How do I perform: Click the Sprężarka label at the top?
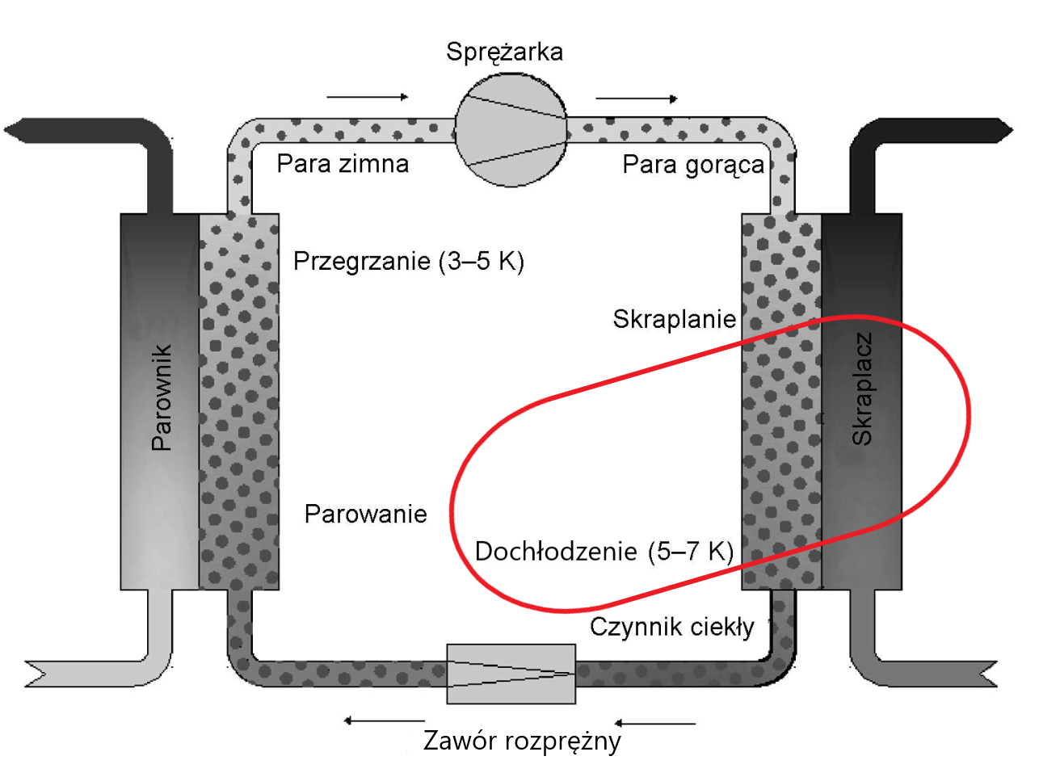click(x=504, y=52)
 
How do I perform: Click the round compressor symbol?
click(x=511, y=129)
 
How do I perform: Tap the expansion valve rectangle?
click(x=511, y=674)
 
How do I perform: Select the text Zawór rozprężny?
click(x=522, y=741)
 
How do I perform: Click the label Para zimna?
click(x=343, y=164)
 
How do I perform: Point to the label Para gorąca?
click(x=692, y=165)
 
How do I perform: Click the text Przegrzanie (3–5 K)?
click(x=408, y=261)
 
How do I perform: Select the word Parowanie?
click(x=365, y=514)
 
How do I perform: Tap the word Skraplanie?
click(x=674, y=319)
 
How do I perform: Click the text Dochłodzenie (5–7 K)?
click(x=604, y=551)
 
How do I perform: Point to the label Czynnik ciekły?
click(x=671, y=627)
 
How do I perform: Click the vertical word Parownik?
click(x=162, y=397)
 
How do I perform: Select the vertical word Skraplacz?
click(x=862, y=389)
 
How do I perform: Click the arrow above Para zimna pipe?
click(x=368, y=97)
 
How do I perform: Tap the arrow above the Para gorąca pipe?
click(x=637, y=99)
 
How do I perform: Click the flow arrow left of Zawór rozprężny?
click(x=384, y=720)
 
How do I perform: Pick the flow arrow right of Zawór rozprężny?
click(x=654, y=723)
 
